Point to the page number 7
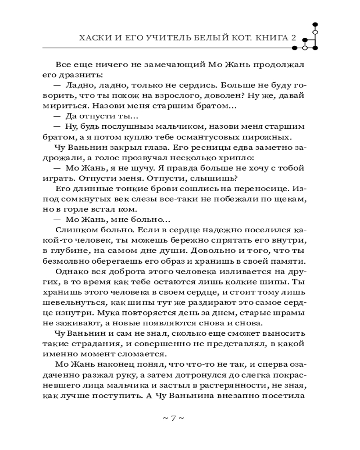(x=173, y=418)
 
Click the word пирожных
(x=269, y=138)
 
